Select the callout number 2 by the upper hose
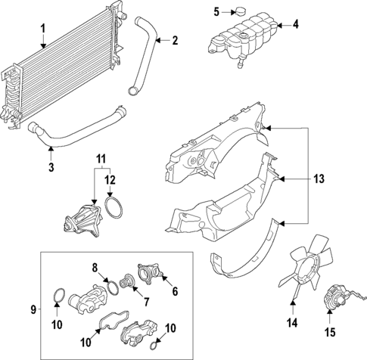pyautogui.click(x=175, y=41)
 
